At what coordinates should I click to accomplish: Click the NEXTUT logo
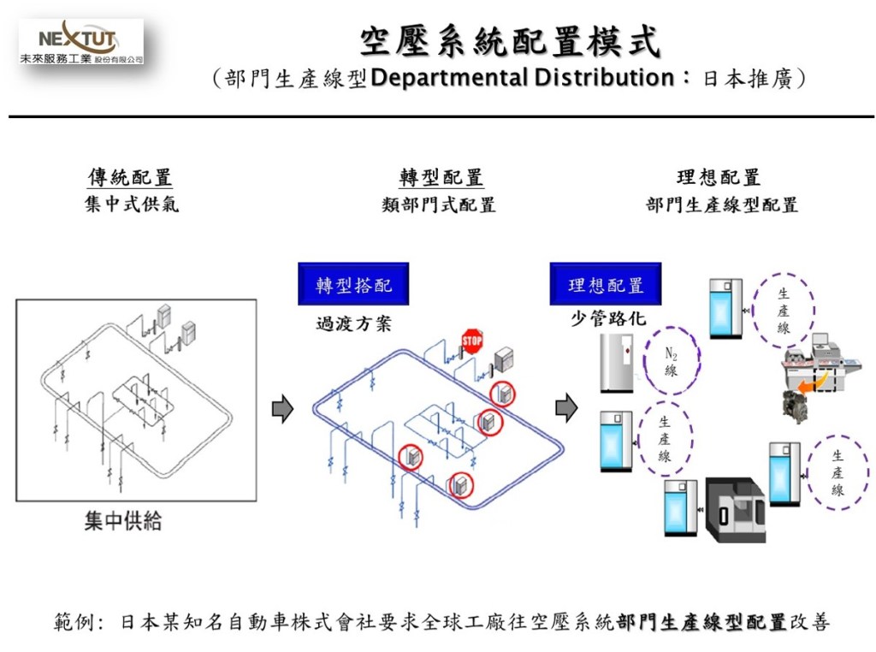81,44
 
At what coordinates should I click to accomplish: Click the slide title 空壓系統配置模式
510,40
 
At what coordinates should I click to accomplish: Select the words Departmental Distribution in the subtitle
523,79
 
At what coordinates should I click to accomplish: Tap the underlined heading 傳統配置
130,177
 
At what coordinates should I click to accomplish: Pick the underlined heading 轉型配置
441,177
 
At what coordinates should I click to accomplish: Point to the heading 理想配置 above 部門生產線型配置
718,177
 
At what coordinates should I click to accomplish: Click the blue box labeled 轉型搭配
353,285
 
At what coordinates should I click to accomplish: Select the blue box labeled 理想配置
606,285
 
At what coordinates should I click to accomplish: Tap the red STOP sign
472,341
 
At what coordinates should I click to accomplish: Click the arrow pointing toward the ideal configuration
566,409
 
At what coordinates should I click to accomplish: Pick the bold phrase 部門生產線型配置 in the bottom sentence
701,622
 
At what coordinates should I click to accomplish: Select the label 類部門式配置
439,204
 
